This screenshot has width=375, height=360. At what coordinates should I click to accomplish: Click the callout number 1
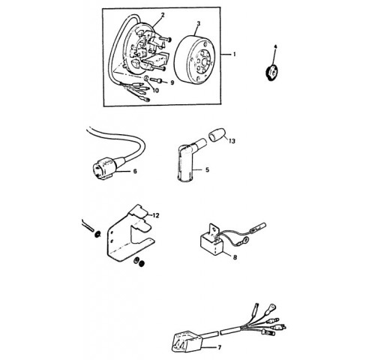click(235, 54)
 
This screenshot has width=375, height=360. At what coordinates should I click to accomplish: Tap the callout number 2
click(163, 15)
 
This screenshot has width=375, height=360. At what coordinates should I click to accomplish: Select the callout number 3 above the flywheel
click(199, 24)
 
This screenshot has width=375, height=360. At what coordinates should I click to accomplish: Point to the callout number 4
click(275, 46)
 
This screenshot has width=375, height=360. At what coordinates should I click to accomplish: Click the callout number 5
click(207, 170)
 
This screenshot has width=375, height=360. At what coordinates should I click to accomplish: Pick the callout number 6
click(135, 171)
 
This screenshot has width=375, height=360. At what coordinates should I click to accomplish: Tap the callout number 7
click(220, 347)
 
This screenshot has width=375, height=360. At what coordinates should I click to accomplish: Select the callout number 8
click(235, 257)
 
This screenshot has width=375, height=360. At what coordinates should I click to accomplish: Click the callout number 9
click(172, 82)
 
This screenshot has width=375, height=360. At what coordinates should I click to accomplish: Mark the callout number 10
click(155, 90)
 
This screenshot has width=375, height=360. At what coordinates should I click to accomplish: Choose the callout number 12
click(156, 215)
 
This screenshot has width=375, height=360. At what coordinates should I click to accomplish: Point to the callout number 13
click(232, 141)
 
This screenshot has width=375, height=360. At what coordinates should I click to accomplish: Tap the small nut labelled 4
click(271, 72)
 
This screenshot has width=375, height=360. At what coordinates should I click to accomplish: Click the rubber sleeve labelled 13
click(217, 135)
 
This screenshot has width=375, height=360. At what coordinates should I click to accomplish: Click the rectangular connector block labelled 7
click(185, 341)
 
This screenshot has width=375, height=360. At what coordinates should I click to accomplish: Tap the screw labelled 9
click(156, 80)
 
